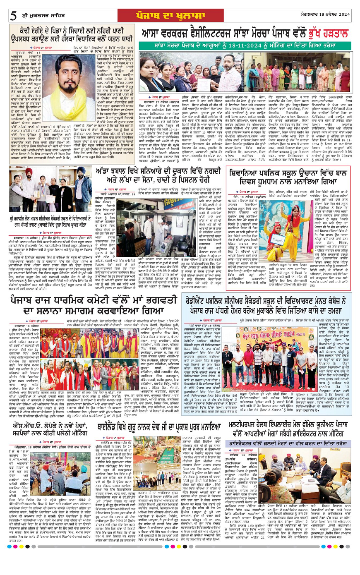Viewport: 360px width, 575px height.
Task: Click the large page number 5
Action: coord(14,16)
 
